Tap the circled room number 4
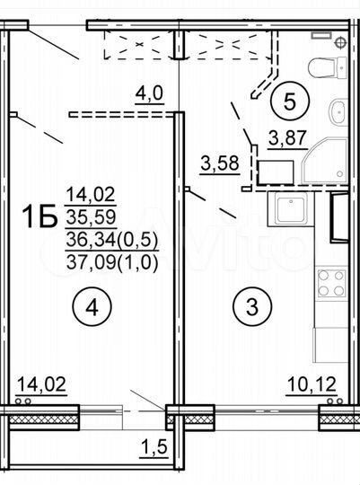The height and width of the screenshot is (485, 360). point(93,308)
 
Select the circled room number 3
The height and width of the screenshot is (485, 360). point(250,308)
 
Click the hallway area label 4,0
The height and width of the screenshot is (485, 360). point(148,92)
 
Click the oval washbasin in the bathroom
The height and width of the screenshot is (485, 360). point(337,113)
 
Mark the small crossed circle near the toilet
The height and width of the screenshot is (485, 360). point(341,41)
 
